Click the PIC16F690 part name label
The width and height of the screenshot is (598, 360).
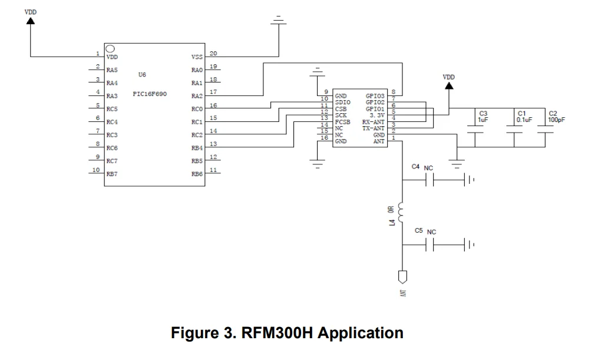[x=150, y=94]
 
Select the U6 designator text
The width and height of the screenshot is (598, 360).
[x=142, y=75]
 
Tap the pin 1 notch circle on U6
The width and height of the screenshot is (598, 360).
[x=110, y=48]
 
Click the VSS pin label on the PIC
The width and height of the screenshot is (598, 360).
[x=197, y=57]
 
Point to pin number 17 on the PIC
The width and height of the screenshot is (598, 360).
[x=213, y=91]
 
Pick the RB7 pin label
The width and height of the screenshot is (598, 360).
[x=113, y=174]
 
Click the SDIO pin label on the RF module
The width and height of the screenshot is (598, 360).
[x=343, y=101]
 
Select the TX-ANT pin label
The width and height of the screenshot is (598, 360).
[x=374, y=128]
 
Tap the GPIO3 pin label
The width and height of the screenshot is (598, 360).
[x=375, y=95]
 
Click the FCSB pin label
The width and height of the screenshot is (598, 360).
[x=343, y=121]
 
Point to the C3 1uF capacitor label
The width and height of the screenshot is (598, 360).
[x=483, y=116]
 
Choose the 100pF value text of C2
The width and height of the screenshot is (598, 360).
[x=556, y=120]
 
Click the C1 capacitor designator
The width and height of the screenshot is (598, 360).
[x=521, y=113]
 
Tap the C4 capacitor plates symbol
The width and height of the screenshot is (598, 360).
[x=433, y=180]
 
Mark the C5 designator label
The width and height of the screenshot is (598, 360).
[x=418, y=231]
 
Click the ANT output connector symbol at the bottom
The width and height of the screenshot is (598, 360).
[x=402, y=276]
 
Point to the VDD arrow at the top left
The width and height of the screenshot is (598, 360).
[x=30, y=21]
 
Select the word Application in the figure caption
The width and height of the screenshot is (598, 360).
[x=359, y=333]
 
